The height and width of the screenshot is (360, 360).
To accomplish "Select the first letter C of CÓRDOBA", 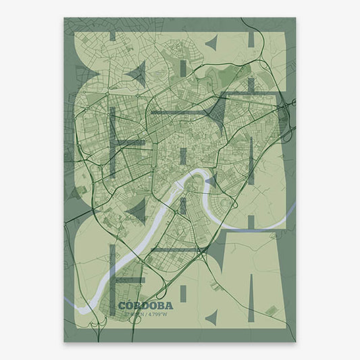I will click(122, 286).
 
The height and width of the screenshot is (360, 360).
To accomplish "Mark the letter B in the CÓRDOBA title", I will click(152, 286).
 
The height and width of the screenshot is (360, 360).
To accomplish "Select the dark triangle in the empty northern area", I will click(211, 44).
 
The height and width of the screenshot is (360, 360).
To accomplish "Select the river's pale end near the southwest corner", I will click(83, 308).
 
